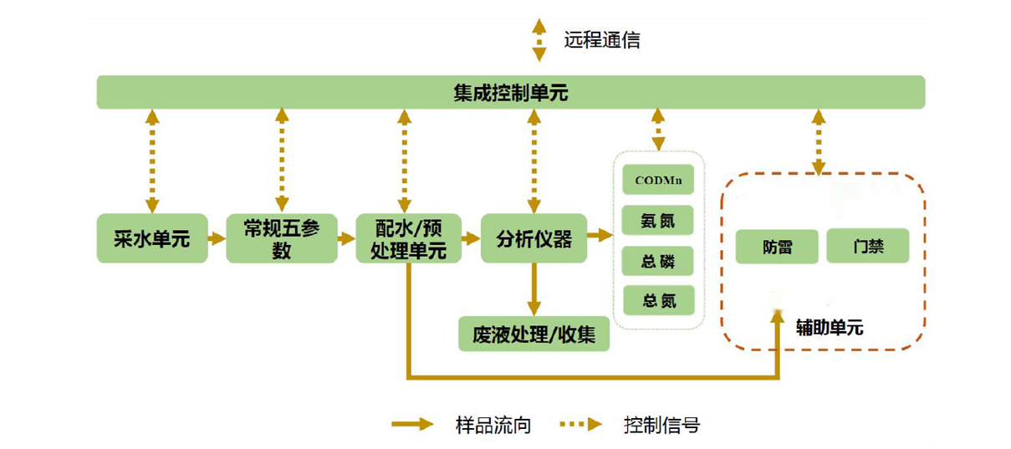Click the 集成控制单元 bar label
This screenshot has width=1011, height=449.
coord(510,93)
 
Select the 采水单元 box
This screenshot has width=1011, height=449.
coord(151,239)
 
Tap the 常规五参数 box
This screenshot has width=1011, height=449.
coord(281,239)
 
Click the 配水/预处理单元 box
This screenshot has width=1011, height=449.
coord(408,239)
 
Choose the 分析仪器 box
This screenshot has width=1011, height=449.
coord(534,239)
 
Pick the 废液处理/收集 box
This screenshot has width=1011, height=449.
coord(534,334)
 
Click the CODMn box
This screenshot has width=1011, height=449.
coord(659,181)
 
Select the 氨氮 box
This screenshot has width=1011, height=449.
coord(659,222)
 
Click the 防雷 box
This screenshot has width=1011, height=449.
coord(777,247)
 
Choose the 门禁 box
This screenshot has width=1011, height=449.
coord(868,247)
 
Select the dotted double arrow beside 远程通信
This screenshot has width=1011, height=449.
coord(539,40)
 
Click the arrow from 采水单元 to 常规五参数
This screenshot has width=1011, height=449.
coord(217,239)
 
